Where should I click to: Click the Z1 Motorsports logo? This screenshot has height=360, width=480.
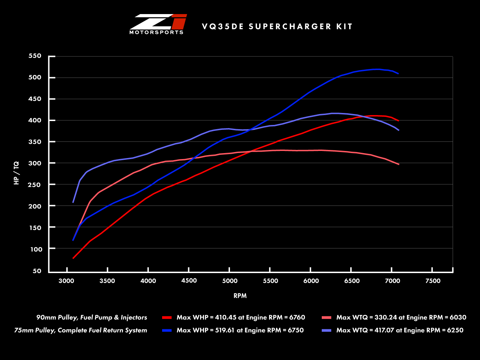pyautogui.click(x=158, y=24)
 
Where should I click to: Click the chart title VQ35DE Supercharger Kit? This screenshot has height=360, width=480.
pyautogui.click(x=277, y=27)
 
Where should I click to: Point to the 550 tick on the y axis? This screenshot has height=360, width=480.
pyautogui.click(x=35, y=56)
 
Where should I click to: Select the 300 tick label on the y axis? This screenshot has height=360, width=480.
pyautogui.click(x=35, y=163)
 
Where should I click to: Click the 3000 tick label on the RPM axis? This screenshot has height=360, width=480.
pyautogui.click(x=66, y=281)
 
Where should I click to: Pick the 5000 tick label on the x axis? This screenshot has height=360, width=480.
pyautogui.click(x=230, y=281)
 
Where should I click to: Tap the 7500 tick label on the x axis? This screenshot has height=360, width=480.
pyautogui.click(x=433, y=281)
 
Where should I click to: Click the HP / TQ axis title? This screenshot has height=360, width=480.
pyautogui.click(x=17, y=173)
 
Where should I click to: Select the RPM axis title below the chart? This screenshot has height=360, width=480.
pyautogui.click(x=240, y=296)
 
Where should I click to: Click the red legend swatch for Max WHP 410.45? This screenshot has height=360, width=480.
pyautogui.click(x=167, y=318)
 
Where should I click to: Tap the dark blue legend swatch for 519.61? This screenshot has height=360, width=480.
pyautogui.click(x=167, y=330)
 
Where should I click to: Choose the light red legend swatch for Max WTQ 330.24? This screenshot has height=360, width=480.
pyautogui.click(x=326, y=318)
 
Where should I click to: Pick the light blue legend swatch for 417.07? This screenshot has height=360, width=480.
pyautogui.click(x=326, y=330)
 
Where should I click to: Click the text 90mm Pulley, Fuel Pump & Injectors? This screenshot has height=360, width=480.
pyautogui.click(x=92, y=317)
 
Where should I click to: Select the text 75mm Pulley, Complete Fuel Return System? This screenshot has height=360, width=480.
pyautogui.click(x=81, y=330)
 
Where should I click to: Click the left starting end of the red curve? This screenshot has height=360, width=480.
pyautogui.click(x=73, y=258)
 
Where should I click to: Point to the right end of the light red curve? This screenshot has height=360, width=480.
pyautogui.click(x=398, y=164)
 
